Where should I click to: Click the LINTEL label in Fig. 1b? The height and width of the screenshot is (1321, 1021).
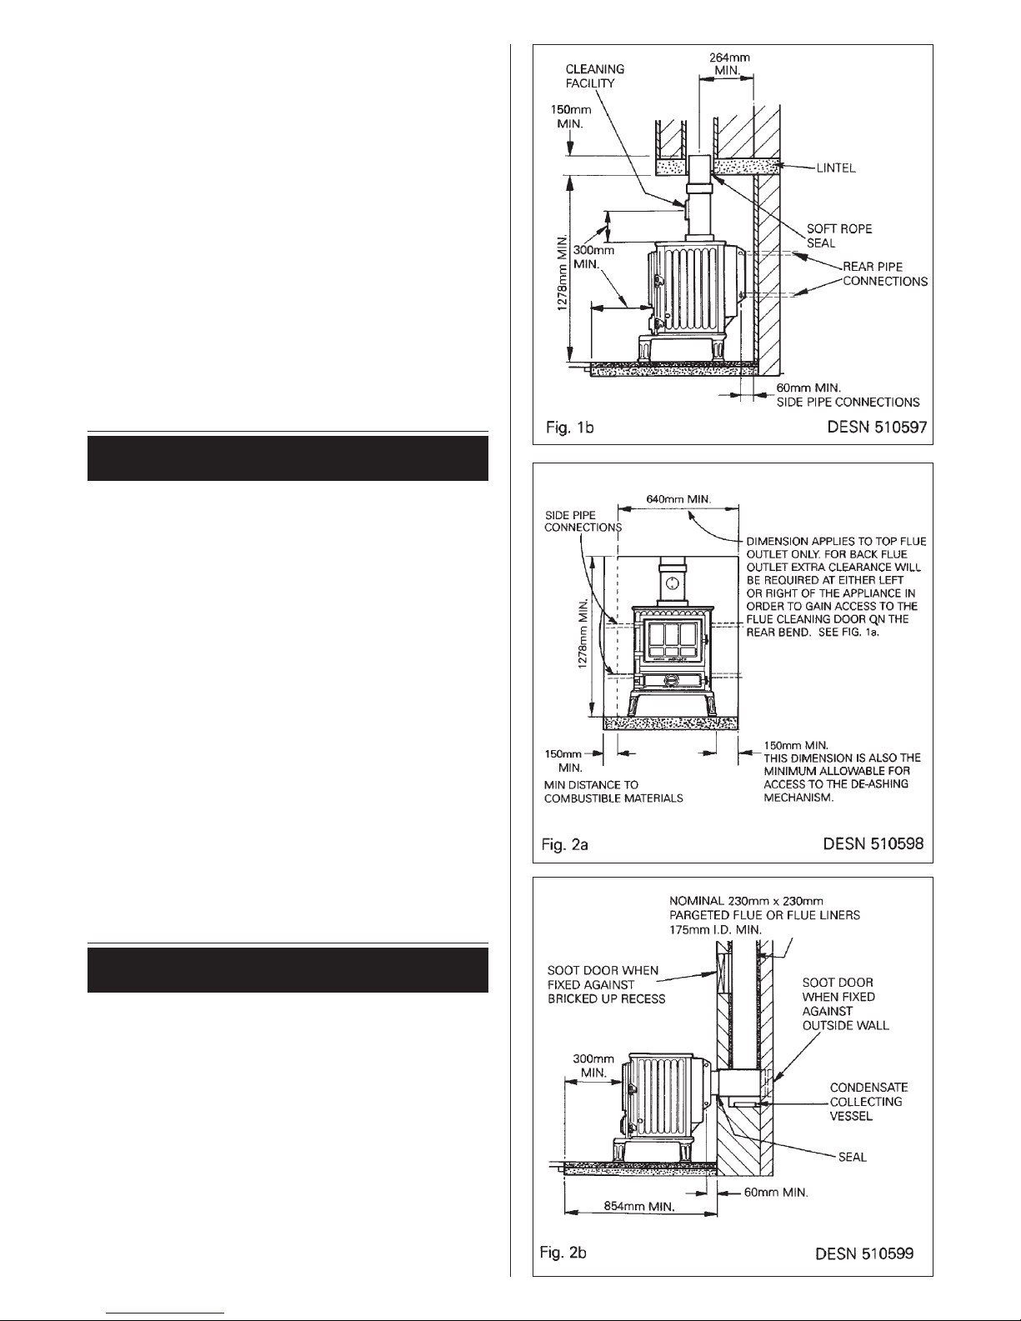836,168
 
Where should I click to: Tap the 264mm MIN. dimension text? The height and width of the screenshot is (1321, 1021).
729,64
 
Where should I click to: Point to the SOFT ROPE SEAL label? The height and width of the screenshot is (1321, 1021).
838,236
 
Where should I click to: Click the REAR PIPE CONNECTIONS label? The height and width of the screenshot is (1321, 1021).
885,273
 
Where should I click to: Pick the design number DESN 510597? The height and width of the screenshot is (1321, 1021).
877,428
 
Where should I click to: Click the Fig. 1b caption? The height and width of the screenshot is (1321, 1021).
569,428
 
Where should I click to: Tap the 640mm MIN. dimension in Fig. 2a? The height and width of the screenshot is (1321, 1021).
678,499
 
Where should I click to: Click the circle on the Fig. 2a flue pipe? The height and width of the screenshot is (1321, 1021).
672,583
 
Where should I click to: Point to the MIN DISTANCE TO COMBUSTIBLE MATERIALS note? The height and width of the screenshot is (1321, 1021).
613,792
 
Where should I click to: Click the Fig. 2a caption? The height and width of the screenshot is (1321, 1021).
564,844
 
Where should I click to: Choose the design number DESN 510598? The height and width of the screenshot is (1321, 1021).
873,843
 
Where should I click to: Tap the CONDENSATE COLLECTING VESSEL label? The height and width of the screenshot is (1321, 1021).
869,1102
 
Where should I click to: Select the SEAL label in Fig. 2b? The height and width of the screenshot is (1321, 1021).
852,1157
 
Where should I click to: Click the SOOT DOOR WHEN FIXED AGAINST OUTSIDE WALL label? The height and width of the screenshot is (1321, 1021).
845,1003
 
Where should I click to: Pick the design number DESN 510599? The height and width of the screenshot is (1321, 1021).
864,1253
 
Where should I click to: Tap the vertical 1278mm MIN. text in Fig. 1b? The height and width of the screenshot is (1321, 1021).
563,273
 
